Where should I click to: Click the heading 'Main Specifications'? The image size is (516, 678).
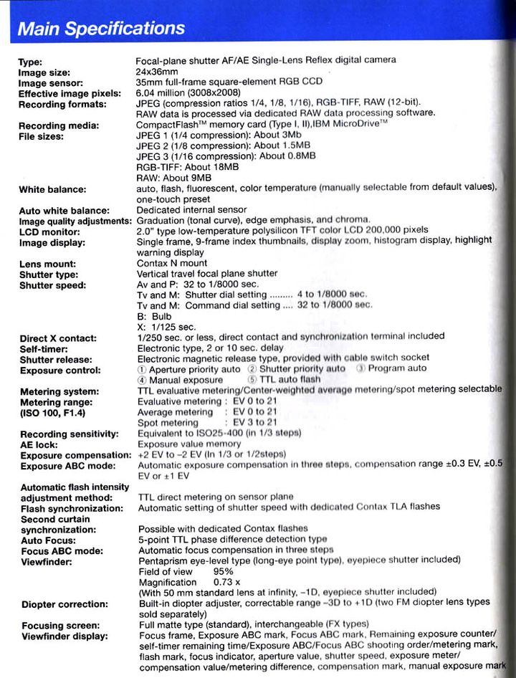pos(101,29)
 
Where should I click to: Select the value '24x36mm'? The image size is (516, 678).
pos(158,72)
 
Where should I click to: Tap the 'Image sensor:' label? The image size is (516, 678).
pos(52,83)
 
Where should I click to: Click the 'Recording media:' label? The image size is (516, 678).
pos(59,126)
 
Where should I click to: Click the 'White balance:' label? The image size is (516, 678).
pos(53,189)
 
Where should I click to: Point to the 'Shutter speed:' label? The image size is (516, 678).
pos(53,285)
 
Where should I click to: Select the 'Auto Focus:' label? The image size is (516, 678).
pos(47,540)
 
